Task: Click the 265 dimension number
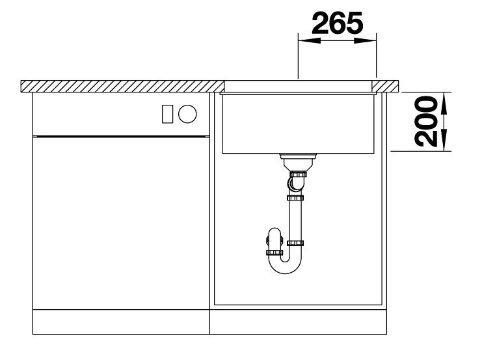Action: [337, 23]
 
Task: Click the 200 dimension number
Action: [425, 122]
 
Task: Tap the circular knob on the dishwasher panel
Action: [187, 114]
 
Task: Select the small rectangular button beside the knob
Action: [167, 114]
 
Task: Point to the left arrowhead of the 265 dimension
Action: [310, 41]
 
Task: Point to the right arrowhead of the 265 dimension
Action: [366, 41]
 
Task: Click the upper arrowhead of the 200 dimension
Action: [444, 104]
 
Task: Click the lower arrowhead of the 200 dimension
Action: [444, 140]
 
